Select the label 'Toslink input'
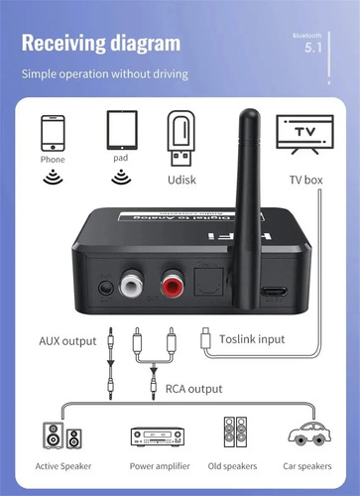(x=251, y=339)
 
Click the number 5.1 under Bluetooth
(x=313, y=47)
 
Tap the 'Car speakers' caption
(x=307, y=465)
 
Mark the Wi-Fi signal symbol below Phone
(x=53, y=178)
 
